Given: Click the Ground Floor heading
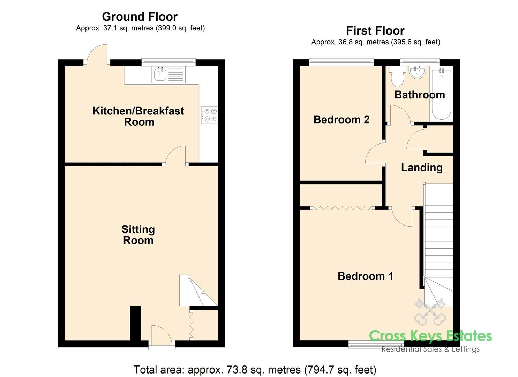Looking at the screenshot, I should [140, 16].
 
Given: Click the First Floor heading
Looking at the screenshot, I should [375, 31].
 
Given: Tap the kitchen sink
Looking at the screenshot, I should [160, 74].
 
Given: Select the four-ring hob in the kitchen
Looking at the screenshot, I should [209, 115].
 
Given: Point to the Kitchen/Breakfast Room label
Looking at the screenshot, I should [138, 116].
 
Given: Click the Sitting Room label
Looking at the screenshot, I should [138, 235].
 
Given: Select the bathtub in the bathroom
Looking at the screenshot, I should [441, 94].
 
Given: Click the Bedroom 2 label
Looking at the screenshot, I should [341, 119].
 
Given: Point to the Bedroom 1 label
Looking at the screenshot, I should [365, 276].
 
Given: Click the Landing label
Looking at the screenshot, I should [421, 168].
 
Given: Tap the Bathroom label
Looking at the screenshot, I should [419, 95].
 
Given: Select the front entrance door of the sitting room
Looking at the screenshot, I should [162, 336].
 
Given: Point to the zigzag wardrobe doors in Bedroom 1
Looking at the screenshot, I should [341, 208].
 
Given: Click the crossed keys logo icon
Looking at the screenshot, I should [430, 311].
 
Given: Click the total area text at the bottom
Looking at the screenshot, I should [255, 369].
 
